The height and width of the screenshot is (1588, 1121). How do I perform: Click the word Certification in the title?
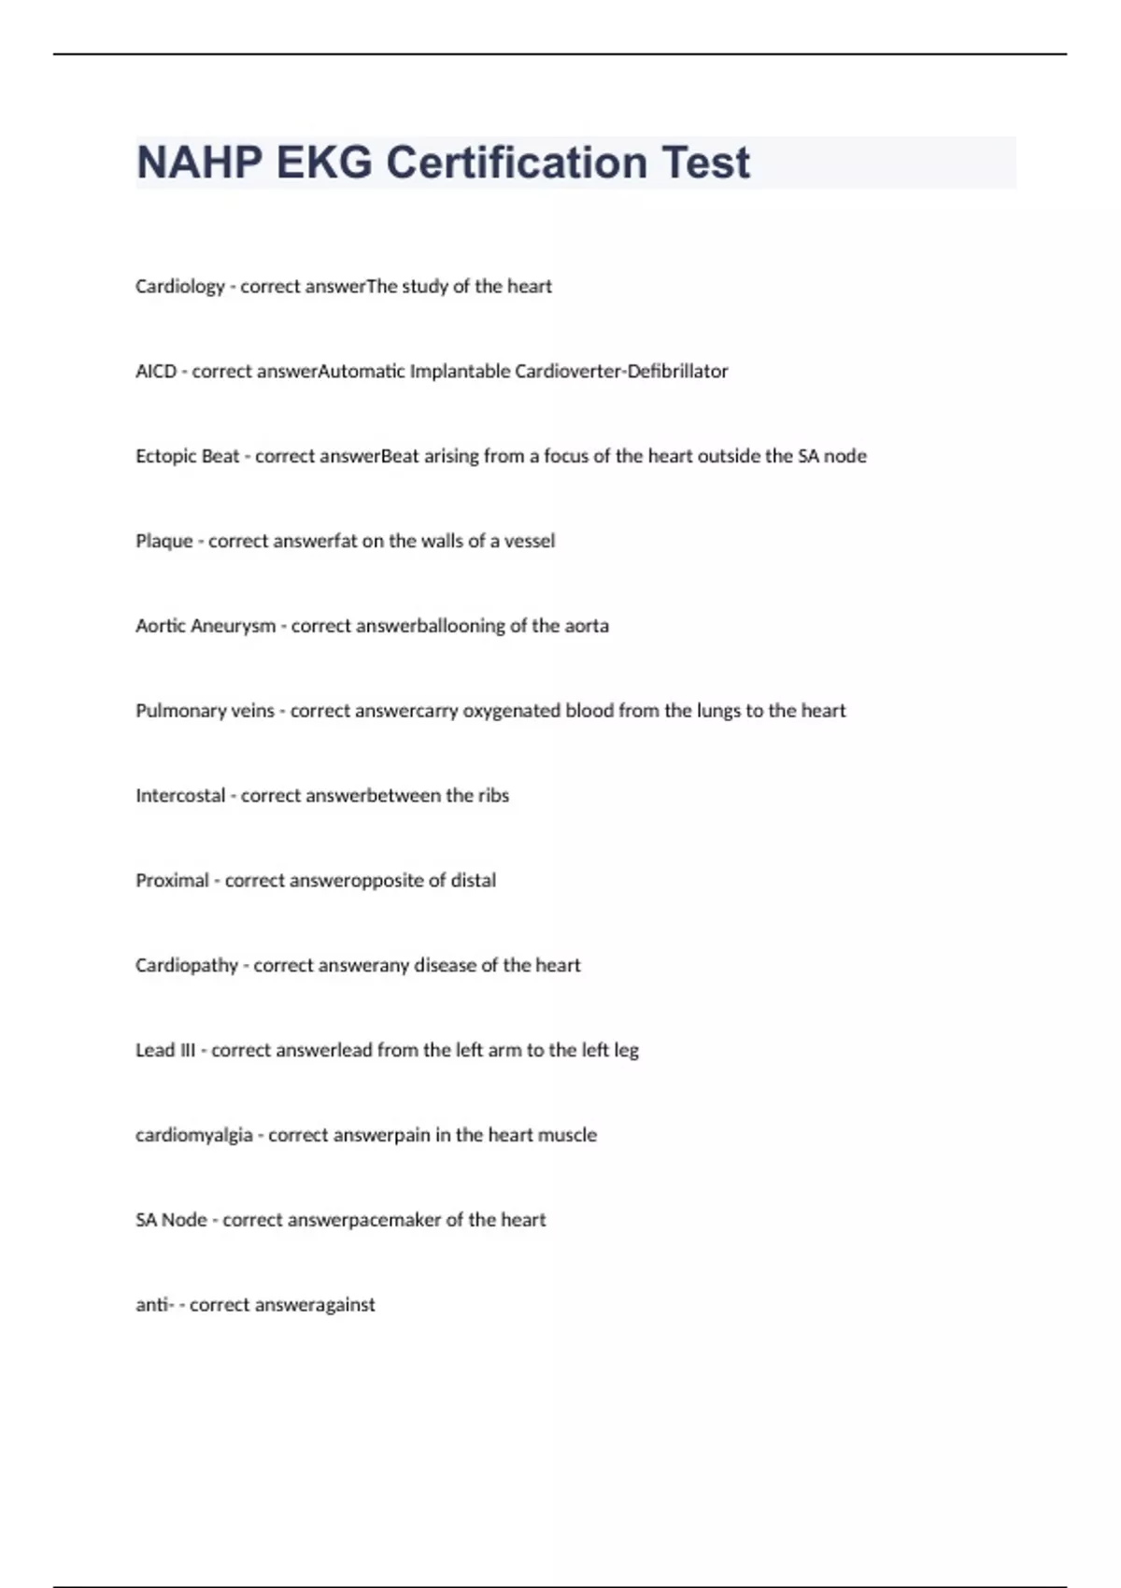(517, 163)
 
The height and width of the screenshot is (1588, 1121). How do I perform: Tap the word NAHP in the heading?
(199, 163)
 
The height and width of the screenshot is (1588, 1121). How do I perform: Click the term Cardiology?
(180, 287)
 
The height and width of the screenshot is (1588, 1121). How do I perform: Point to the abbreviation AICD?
(156, 372)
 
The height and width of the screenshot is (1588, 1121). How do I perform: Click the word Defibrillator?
(677, 372)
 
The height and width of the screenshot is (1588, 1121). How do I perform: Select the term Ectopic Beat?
(188, 457)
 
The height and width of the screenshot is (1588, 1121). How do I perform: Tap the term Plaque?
(164, 542)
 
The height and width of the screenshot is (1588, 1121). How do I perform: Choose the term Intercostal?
(180, 796)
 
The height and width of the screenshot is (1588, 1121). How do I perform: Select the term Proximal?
(172, 881)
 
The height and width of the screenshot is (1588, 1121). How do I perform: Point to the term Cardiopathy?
(187, 966)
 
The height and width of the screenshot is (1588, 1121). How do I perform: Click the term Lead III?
(165, 1051)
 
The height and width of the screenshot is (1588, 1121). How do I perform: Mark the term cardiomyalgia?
(194, 1136)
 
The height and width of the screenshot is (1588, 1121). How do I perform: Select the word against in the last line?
(347, 1305)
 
